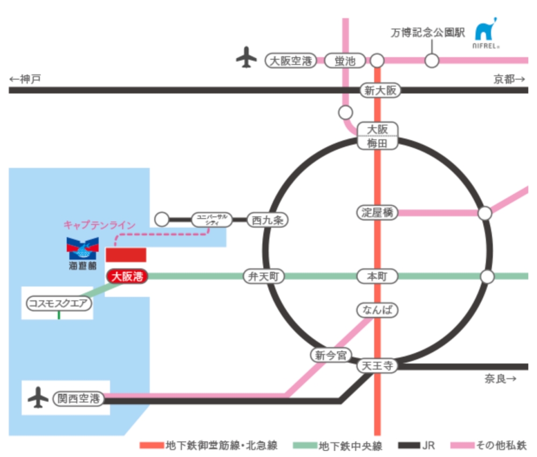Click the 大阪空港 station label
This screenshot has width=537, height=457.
coord(290,60)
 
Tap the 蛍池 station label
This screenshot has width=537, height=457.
coord(345,60)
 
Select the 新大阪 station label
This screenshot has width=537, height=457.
coord(380,90)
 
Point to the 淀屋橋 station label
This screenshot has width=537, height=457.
coord(378,213)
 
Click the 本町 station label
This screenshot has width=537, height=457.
coord(378,277)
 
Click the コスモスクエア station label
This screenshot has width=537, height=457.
coord(59,303)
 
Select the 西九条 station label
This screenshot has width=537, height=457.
coord(268,219)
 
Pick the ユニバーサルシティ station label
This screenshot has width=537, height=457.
coord(212,219)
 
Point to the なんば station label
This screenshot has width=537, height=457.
coord(378,309)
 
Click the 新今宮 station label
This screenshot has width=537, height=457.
coord(331,354)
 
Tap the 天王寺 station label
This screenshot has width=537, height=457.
coord(378,366)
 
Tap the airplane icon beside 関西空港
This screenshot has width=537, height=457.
coord(38,398)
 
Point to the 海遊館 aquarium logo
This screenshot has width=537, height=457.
coord(83,249)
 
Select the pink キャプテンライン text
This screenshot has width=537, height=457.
coord(99,226)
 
